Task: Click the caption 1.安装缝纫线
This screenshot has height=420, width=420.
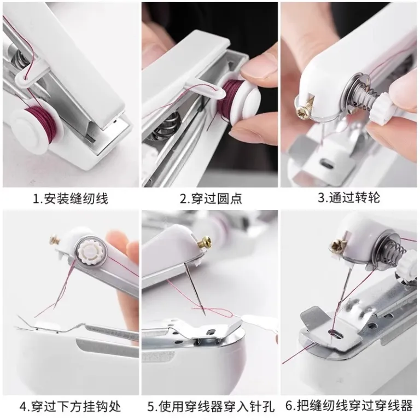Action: pos(70,199)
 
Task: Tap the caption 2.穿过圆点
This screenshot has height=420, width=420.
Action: pos(211,199)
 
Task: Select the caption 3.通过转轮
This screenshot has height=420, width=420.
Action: pos(349,197)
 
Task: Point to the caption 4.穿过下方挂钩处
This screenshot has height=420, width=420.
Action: pos(70,406)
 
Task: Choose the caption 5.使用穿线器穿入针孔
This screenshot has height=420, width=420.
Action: pos(211,406)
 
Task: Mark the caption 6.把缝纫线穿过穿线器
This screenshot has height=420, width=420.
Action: pos(349,406)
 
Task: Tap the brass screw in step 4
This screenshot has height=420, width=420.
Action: pos(55,239)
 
